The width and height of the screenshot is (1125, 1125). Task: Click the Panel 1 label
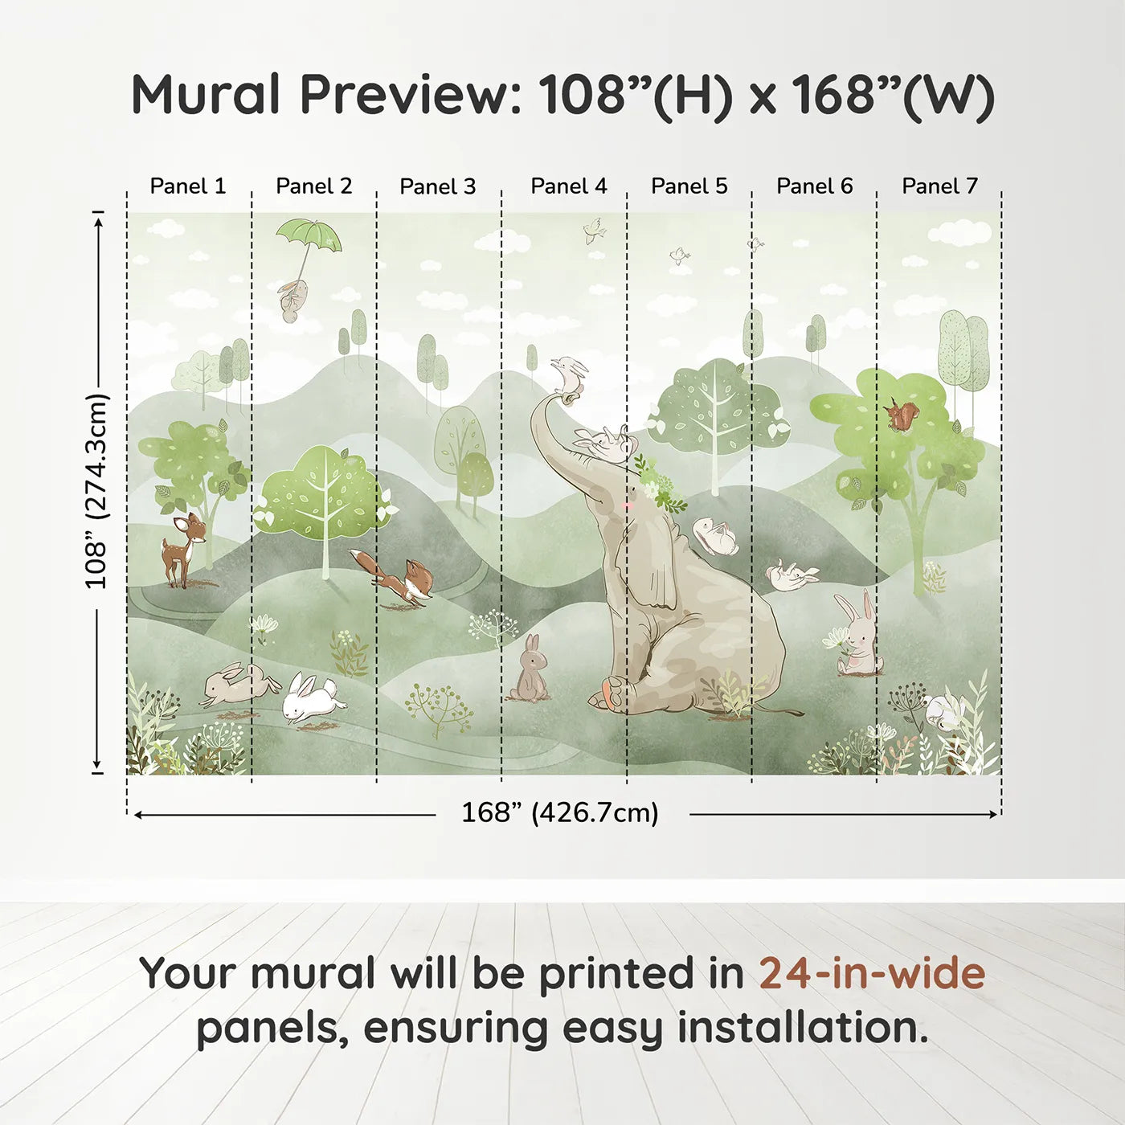(187, 186)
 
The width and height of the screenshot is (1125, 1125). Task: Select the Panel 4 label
(569, 186)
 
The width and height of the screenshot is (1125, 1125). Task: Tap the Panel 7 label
(939, 186)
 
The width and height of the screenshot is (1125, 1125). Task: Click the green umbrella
(309, 236)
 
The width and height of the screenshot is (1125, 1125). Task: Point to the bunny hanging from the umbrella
(292, 300)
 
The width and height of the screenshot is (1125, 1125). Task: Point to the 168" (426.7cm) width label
(560, 812)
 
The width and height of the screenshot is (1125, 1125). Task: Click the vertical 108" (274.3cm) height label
(97, 491)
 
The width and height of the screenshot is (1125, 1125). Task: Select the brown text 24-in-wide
(872, 973)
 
